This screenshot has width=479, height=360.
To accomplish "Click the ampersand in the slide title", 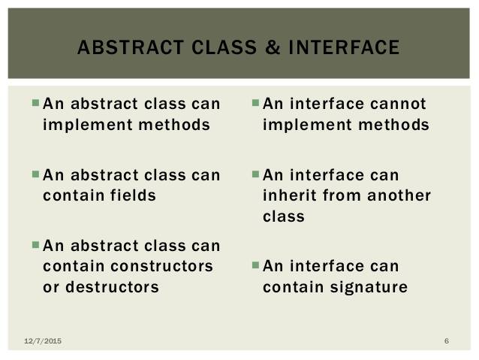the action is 273,47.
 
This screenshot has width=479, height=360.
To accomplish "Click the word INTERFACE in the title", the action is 344,47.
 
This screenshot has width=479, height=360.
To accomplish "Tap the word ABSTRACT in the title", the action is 131,47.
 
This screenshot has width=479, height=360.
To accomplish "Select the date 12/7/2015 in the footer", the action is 43,340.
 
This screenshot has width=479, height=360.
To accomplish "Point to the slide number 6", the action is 447,340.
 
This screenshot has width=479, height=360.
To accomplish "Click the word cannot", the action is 398,104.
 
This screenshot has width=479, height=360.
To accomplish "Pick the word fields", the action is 133,195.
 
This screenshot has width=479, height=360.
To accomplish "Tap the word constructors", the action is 161,266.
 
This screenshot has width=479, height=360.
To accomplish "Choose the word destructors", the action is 112,287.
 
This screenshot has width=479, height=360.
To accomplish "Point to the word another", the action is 399,195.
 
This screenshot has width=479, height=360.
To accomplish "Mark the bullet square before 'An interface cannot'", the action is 255,102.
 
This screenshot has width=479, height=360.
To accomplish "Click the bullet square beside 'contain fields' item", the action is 35,174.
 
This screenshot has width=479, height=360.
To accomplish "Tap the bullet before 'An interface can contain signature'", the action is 255,265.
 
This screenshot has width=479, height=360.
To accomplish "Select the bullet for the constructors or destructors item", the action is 35,245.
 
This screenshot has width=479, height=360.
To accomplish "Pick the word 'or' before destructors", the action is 51,288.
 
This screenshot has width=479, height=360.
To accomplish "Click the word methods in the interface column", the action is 393,125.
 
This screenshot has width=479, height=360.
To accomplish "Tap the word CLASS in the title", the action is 224,47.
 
